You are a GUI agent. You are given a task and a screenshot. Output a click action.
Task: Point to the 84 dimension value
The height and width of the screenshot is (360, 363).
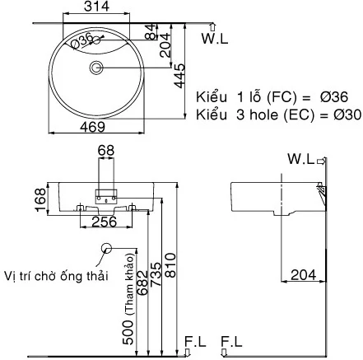pyautogui.click(x=149, y=32)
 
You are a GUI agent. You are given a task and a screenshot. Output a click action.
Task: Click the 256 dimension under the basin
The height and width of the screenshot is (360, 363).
pyautogui.click(x=104, y=221)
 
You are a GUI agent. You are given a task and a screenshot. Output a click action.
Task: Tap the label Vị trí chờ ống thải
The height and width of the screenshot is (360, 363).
pyautogui.click(x=56, y=274)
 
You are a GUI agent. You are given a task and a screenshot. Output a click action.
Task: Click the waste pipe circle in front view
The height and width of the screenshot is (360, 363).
pyautogui.click(x=105, y=250)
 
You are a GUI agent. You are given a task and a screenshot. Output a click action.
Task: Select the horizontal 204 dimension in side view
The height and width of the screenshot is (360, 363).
pyautogui.click(x=304, y=274)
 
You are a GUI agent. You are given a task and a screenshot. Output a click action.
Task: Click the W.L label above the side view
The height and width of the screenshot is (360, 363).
pyautogui.click(x=301, y=158)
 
